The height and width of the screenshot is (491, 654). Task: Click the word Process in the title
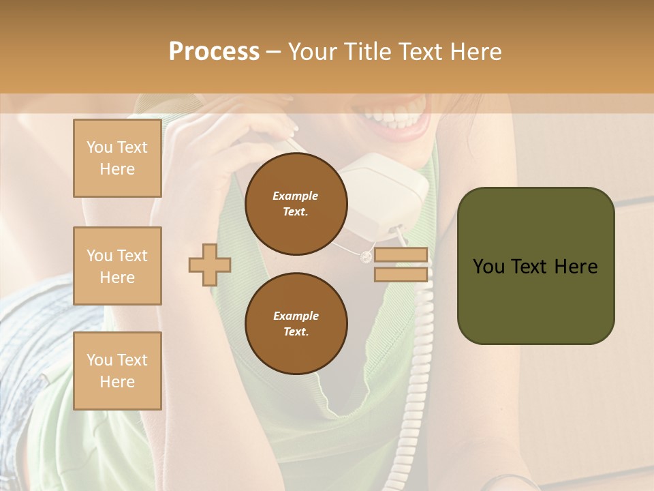click(x=214, y=52)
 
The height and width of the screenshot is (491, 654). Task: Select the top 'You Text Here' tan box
click(x=117, y=158)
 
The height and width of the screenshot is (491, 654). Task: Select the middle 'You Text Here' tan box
click(x=117, y=266)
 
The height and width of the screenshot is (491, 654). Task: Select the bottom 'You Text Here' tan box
click(x=117, y=371)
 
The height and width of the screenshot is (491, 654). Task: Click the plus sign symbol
click(x=210, y=265)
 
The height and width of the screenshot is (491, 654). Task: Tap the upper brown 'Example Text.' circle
click(x=296, y=203)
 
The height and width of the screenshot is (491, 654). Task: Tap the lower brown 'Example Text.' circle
click(x=296, y=323)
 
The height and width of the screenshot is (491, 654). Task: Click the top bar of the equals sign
click(x=401, y=255)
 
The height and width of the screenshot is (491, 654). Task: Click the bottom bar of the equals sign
click(x=401, y=275)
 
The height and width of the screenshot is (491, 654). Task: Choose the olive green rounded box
click(x=535, y=266)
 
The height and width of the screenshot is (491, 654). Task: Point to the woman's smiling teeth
click(x=395, y=116)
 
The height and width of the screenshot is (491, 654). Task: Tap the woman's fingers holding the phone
click(x=272, y=126)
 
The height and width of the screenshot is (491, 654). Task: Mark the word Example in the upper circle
click(x=296, y=196)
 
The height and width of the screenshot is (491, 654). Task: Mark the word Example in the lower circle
click(x=296, y=316)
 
